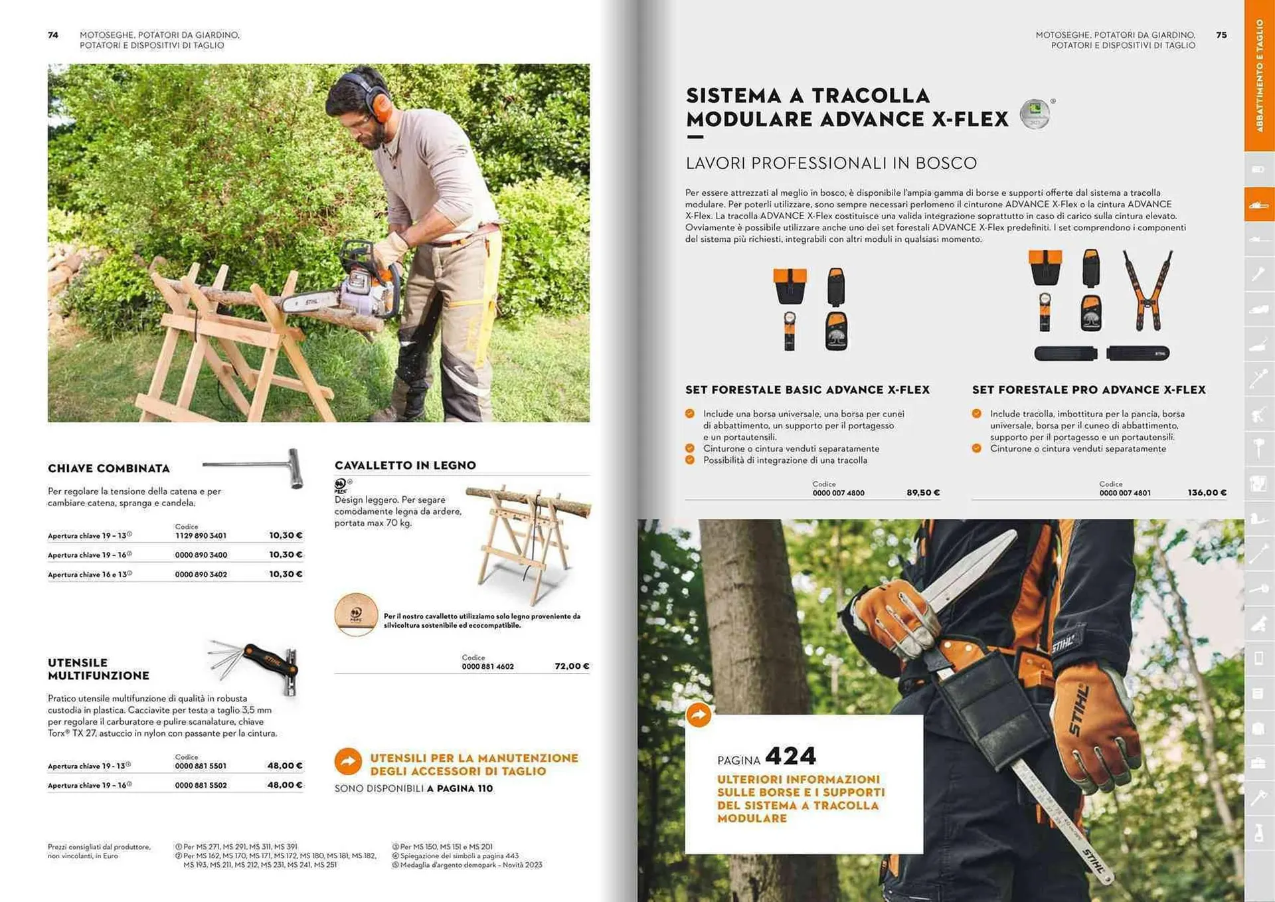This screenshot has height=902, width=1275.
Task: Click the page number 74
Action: [53, 35]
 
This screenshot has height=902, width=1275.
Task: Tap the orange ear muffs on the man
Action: [380, 105]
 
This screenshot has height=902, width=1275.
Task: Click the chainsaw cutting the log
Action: [352, 292]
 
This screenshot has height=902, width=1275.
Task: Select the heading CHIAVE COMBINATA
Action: [109, 468]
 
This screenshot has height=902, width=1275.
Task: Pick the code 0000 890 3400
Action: [201, 555]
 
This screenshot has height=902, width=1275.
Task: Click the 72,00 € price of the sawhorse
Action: [572, 666]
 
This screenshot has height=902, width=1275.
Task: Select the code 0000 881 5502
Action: [201, 785]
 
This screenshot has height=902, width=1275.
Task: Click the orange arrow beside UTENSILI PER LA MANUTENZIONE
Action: [348, 762]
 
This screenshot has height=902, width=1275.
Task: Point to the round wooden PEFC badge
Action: [356, 614]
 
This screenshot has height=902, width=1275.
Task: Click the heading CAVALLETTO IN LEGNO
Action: [405, 466]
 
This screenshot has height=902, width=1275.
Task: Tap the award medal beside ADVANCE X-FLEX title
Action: [1035, 114]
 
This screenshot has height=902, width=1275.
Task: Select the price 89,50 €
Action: [923, 493]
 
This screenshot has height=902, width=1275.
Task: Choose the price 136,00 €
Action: [1207, 493]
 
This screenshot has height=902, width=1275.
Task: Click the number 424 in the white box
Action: [790, 756]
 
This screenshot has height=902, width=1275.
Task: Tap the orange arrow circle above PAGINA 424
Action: [699, 715]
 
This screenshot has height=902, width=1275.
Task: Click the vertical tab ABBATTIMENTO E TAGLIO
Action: [1259, 74]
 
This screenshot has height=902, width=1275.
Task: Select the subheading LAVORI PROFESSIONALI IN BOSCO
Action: [831, 163]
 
